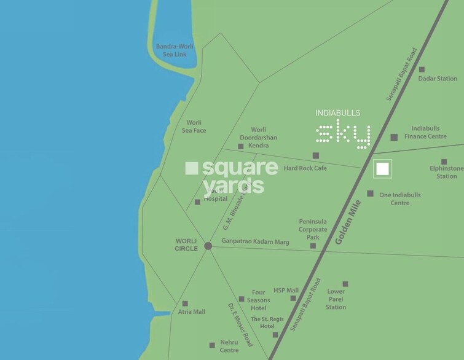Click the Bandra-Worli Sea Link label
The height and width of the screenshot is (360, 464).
point(171,50)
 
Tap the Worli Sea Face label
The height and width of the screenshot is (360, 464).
point(194,127)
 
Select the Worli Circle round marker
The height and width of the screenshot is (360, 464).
point(208,246)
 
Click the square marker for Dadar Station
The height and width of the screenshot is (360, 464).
point(422,69)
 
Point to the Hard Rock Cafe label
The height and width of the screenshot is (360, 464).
point(305,168)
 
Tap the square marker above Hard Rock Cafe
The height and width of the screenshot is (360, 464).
point(316,155)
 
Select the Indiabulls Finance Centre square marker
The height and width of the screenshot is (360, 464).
point(394,137)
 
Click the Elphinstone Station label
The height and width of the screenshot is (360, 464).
point(447,172)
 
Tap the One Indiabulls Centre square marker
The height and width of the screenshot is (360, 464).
point(370,194)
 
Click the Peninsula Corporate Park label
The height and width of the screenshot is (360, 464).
point(313,229)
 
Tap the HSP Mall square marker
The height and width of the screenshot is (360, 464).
point(293,299)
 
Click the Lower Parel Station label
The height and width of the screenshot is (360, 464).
point(336,299)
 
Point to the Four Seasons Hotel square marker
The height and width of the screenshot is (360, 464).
point(241,299)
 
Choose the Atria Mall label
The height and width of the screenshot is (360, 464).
point(191,312)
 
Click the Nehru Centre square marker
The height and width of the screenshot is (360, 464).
point(212,345)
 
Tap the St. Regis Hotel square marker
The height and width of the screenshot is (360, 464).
point(275,335)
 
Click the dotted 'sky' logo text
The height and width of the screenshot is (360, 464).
point(344,135)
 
